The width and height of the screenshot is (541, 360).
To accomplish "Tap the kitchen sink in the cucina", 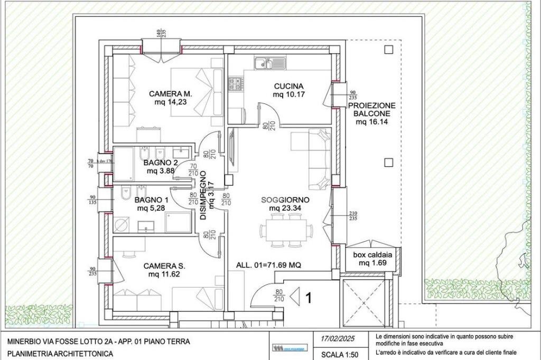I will tap(263, 64).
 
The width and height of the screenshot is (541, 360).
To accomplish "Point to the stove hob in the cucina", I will tap(235, 83).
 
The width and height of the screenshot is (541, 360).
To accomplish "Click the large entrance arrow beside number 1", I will tap(295, 297).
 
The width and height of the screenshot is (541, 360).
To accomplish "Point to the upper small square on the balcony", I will tap(389, 50).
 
